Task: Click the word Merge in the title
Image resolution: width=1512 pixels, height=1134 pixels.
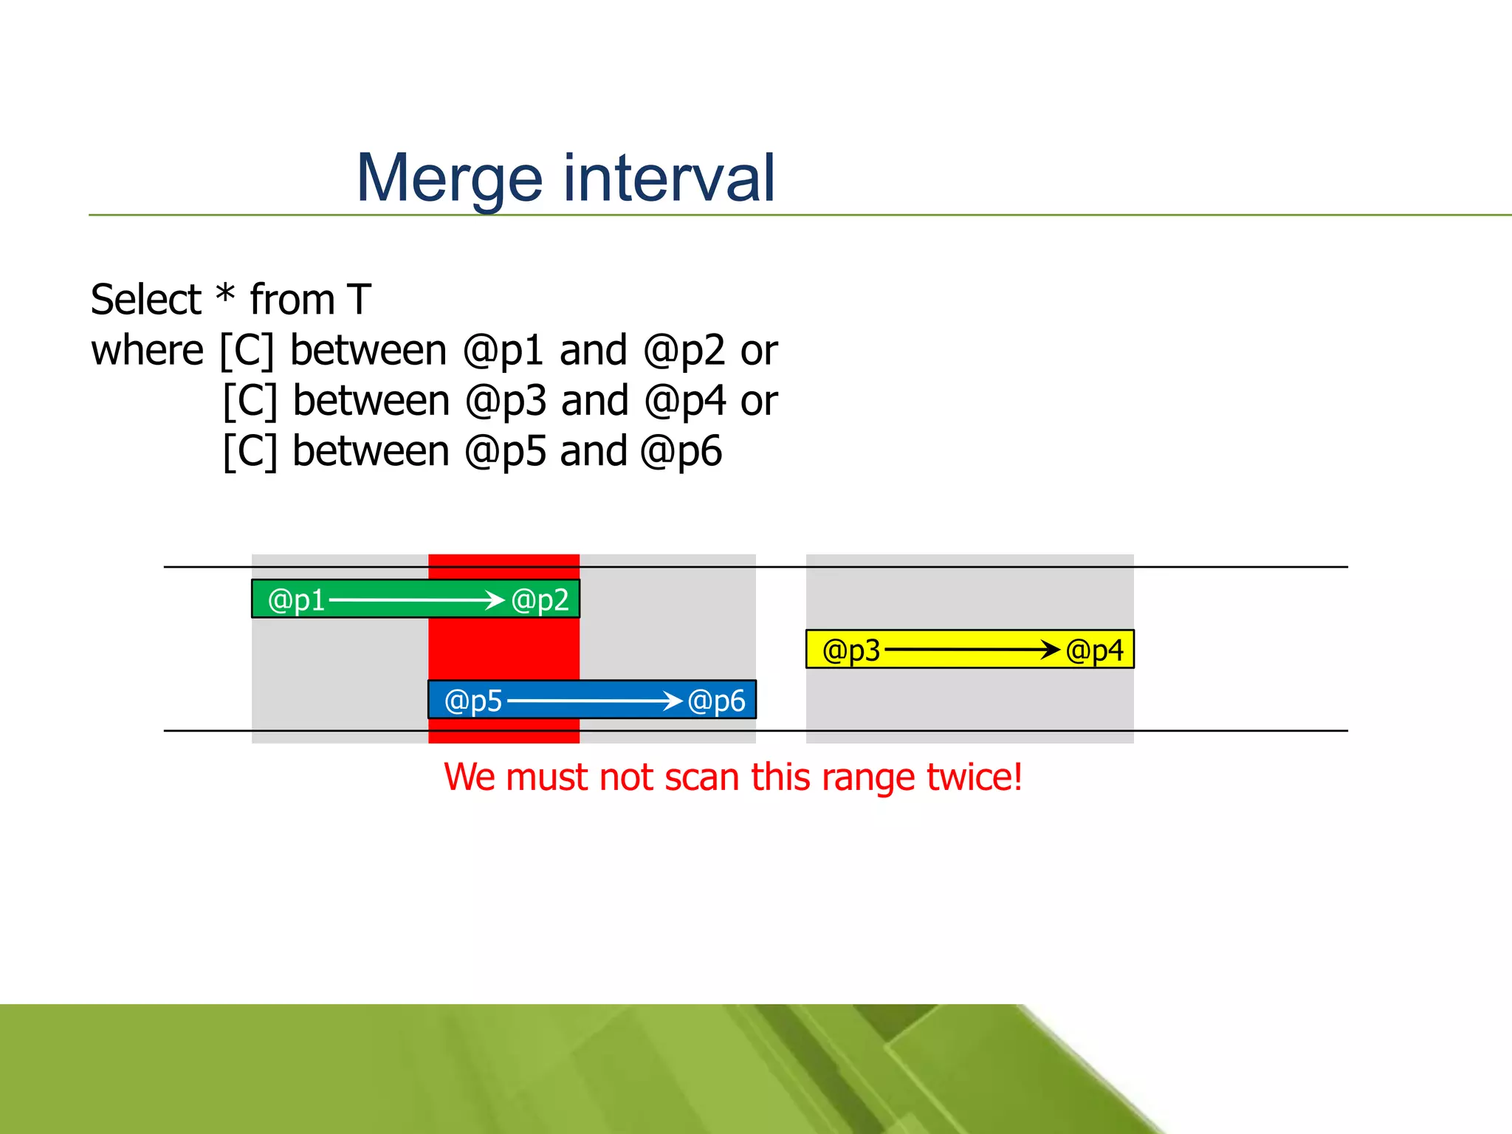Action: coord(449,179)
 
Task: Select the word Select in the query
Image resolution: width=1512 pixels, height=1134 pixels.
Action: coord(145,300)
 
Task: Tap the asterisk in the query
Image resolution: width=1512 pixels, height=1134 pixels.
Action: coord(225,295)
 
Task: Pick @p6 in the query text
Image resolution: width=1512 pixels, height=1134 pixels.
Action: coord(681,452)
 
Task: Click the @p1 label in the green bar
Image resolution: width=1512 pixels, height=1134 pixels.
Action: coord(296,600)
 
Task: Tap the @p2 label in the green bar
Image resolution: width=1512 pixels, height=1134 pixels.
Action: coord(540,600)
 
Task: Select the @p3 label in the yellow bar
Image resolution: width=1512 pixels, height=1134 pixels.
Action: coord(851,650)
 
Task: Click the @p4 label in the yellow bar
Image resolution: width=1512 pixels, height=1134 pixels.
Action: coord(1094,650)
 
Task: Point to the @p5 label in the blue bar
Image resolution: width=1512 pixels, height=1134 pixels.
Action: coord(473,701)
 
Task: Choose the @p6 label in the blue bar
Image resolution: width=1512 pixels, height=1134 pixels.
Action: coord(716,701)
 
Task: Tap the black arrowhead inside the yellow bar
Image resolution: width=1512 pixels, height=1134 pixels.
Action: coord(1050,650)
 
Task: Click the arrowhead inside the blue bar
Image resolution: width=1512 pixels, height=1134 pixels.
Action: coord(673,700)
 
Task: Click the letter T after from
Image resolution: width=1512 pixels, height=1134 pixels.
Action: coord(359,300)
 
